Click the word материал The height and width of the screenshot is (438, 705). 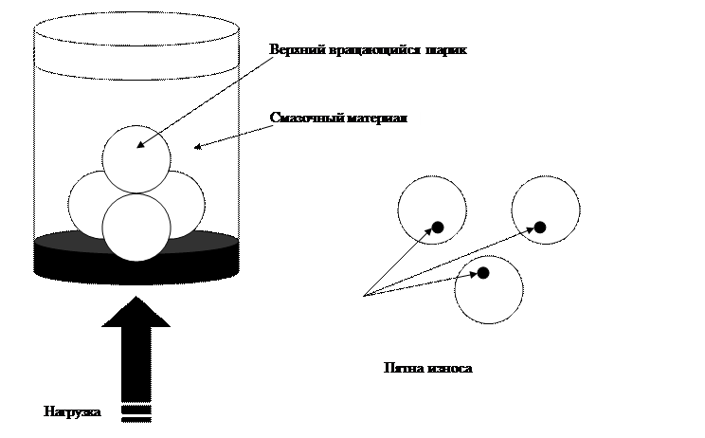pos(375,118)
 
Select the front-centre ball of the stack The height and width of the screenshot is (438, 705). pos(136,232)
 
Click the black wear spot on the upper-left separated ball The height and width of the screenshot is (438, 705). pos(438,227)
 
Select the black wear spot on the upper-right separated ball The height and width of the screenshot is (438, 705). pos(540,227)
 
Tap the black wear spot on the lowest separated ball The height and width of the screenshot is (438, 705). pos(482,273)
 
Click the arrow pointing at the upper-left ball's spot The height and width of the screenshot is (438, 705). pos(424,234)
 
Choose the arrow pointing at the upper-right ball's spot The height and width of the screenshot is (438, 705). pos(525,229)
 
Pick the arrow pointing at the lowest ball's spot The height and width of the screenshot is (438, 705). pos(466,276)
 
